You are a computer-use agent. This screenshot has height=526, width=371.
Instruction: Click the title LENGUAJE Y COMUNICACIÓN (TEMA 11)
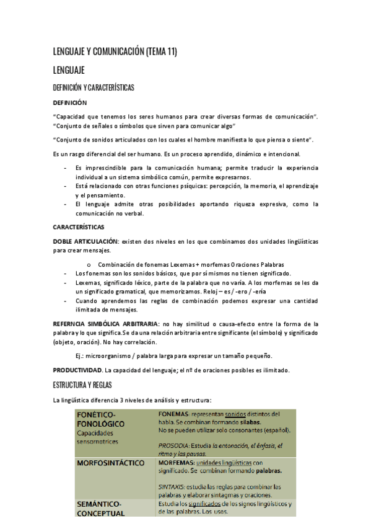(115, 51)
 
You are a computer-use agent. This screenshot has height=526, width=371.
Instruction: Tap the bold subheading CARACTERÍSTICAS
(79, 227)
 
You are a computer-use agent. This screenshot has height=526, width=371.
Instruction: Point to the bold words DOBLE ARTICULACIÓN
(85, 240)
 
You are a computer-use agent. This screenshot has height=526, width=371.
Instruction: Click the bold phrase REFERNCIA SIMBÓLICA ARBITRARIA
(106, 324)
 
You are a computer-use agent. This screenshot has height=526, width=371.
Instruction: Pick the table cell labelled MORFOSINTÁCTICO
(110, 463)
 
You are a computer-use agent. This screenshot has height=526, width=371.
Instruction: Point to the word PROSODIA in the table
(174, 445)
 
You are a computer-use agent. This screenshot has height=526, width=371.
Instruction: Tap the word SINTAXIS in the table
(172, 486)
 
